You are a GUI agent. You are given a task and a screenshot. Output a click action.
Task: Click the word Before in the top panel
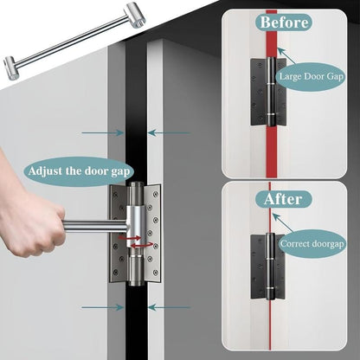point(284,21)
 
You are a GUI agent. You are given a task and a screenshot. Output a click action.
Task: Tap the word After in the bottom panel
point(284,198)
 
